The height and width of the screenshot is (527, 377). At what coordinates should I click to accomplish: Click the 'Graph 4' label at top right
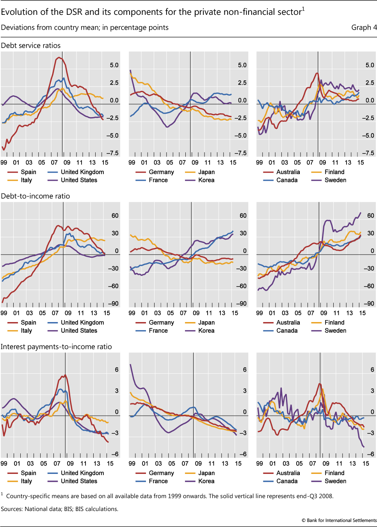[364, 27]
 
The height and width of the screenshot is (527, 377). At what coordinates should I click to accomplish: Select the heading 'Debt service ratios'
[31, 46]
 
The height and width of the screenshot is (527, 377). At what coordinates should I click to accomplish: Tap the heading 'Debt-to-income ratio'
[36, 196]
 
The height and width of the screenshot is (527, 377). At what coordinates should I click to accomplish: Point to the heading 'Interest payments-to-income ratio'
[56, 347]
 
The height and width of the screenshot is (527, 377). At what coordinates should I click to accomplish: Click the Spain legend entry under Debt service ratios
[28, 172]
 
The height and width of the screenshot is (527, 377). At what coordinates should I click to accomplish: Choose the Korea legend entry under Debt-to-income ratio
[206, 331]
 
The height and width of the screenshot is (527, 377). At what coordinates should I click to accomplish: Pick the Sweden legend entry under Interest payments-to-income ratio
[335, 481]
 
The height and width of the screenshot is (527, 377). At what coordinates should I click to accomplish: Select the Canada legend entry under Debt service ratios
[287, 180]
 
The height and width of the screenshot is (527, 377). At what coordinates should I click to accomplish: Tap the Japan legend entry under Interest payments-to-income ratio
[206, 473]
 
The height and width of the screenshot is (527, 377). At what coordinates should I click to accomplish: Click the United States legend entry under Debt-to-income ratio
[79, 331]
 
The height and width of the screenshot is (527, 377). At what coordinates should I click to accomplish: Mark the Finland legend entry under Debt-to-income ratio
[334, 322]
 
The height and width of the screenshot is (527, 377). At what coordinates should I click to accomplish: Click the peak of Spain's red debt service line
[59, 58]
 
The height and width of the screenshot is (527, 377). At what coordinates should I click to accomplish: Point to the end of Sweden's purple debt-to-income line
[361, 213]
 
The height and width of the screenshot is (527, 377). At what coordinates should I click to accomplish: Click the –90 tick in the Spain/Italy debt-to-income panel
[114, 304]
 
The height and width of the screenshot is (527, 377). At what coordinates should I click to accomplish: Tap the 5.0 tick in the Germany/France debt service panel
[242, 65]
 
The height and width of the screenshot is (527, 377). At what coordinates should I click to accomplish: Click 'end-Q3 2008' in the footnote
[315, 496]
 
